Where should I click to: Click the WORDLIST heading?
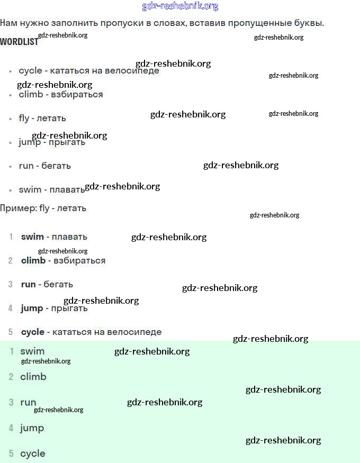click(x=19, y=42)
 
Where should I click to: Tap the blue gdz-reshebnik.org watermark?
click(x=180, y=6)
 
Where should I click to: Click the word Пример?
click(x=18, y=208)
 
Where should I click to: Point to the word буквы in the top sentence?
click(x=309, y=23)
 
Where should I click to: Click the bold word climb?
click(x=33, y=260)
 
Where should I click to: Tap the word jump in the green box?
click(x=32, y=428)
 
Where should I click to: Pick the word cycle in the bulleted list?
click(x=30, y=70)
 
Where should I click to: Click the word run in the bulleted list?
click(x=26, y=166)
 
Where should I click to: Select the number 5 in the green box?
click(x=11, y=453)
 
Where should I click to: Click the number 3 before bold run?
click(x=11, y=284)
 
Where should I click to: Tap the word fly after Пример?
click(x=44, y=208)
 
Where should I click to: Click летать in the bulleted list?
click(x=51, y=118)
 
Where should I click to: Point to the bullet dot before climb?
click(x=10, y=95)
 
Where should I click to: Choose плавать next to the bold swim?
click(x=69, y=237)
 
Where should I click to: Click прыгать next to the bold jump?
click(x=69, y=308)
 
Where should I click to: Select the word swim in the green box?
click(x=32, y=351)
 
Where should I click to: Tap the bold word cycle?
click(x=33, y=332)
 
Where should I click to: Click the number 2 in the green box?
click(x=11, y=377)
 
